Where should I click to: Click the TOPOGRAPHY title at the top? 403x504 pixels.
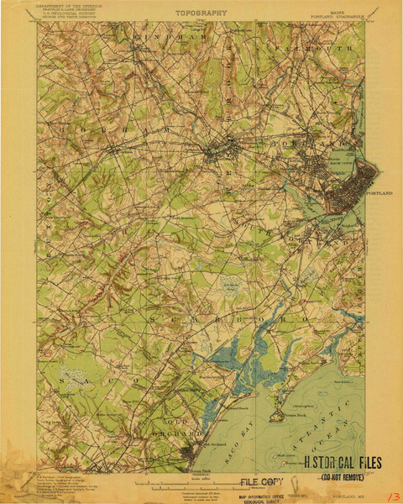coord(201,14)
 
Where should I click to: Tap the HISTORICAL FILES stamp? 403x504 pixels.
coord(342,463)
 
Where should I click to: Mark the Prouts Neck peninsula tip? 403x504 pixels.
coord(274,417)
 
